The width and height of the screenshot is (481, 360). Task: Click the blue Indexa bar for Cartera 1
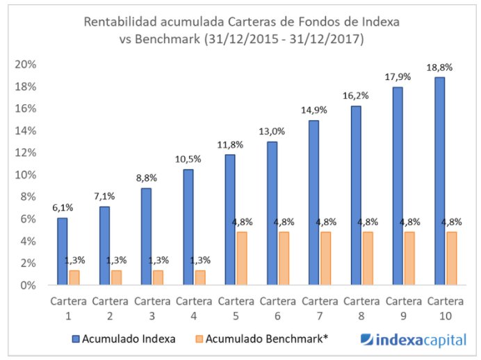click(62, 252)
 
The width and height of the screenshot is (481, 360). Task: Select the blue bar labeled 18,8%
click(439, 181)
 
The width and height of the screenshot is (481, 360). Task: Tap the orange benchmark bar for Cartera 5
click(241, 259)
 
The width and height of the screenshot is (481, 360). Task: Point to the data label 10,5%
click(188, 159)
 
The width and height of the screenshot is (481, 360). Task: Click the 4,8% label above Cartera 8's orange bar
click(367, 222)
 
